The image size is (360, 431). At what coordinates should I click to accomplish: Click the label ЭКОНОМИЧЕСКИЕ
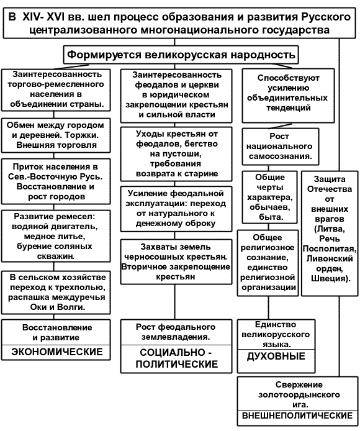pyautogui.click(x=57, y=352)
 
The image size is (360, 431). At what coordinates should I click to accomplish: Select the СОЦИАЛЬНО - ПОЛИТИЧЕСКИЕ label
pyautogui.click(x=176, y=358)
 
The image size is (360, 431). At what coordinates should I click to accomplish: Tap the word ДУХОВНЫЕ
pyautogui.click(x=276, y=356)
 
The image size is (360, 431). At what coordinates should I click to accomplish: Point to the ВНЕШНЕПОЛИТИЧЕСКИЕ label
pyautogui.click(x=297, y=415)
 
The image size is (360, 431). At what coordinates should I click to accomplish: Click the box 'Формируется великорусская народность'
pyautogui.click(x=181, y=55)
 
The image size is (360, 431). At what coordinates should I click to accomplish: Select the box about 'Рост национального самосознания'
pyautogui.click(x=281, y=147)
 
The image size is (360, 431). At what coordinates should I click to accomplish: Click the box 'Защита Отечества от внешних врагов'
pyautogui.click(x=330, y=234)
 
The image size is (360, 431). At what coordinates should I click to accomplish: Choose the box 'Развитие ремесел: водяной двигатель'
pyautogui.click(x=56, y=237)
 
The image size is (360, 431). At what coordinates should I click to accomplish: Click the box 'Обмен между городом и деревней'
pyautogui.click(x=56, y=135)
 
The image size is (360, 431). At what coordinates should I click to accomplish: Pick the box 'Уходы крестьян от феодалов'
pyautogui.click(x=176, y=154)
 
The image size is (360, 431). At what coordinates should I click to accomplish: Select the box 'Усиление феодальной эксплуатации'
pyautogui.click(x=176, y=209)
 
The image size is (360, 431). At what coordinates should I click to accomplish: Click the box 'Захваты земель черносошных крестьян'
pyautogui.click(x=176, y=261)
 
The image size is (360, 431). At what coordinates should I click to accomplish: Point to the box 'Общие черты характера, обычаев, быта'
pyautogui.click(x=269, y=197)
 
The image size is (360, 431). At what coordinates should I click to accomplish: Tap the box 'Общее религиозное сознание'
pyautogui.click(x=268, y=263)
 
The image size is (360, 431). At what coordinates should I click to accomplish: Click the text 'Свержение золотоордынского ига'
pyautogui.click(x=299, y=394)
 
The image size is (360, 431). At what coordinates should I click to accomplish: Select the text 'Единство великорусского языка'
pyautogui.click(x=276, y=334)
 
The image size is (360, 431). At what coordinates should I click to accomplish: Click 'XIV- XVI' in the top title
pyautogui.click(x=43, y=17)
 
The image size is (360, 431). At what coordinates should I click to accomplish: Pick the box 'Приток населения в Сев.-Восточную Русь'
pyautogui.click(x=56, y=181)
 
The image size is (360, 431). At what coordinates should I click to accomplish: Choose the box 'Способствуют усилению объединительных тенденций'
pyautogui.click(x=288, y=96)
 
